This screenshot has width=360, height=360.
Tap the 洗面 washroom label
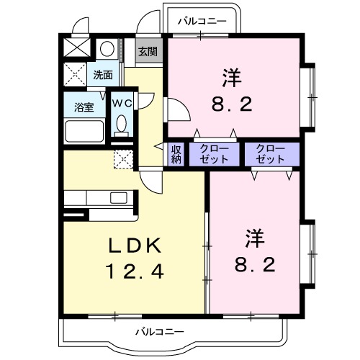pos(102,74)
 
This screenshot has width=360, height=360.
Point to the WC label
pos(120,102)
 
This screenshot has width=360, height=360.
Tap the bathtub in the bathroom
pos(85,131)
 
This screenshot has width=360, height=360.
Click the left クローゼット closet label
pos(214,154)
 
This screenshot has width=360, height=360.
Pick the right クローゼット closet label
pos(269,154)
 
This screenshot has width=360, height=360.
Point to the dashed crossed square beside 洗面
pos(75,75)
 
